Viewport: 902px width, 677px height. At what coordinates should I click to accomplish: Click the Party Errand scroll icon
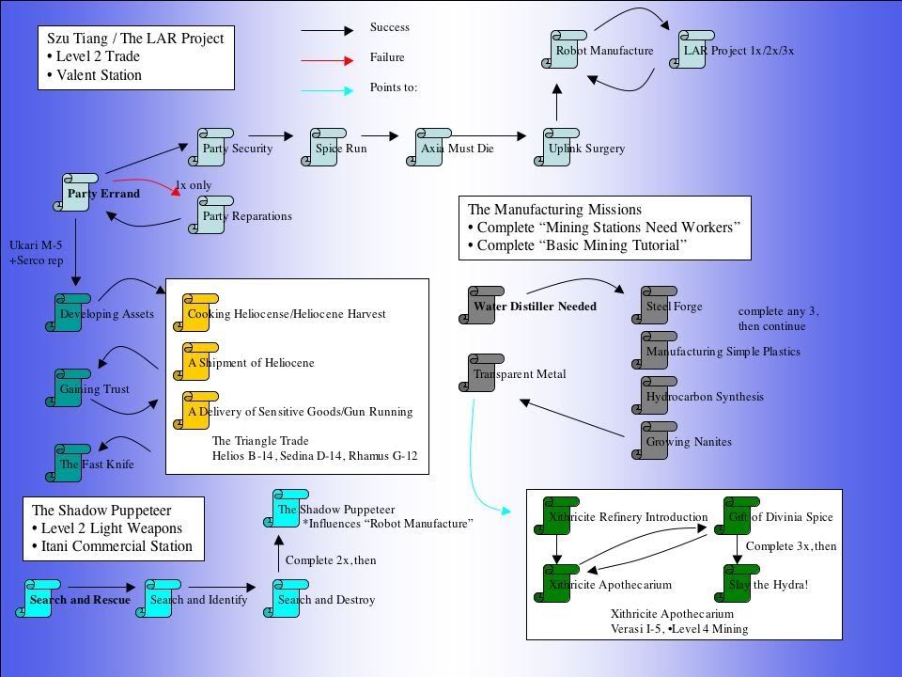point(77,193)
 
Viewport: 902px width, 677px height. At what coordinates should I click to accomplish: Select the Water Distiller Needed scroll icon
point(485,306)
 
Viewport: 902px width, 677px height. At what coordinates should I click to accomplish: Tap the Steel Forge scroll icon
point(658,306)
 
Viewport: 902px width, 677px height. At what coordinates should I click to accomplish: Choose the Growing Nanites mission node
point(658,441)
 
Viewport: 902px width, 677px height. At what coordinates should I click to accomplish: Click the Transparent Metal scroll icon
point(485,373)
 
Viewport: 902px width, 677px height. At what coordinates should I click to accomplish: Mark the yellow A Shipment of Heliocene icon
point(194,362)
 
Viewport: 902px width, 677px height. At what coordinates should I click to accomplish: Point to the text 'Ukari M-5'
point(35,245)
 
